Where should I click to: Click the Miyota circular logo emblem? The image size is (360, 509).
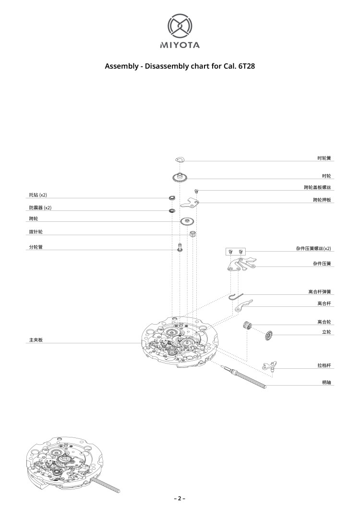point(180,25)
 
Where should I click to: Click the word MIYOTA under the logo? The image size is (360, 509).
point(180,45)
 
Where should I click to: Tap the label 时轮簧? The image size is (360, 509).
point(324,158)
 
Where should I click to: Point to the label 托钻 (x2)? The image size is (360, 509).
point(38,195)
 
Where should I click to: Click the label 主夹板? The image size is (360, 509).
point(36,340)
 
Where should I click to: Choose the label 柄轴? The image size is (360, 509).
point(326,382)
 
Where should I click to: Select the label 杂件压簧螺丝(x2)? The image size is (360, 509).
point(313,249)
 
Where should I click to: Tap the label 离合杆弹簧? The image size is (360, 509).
point(319,292)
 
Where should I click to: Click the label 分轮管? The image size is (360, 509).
point(36,247)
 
